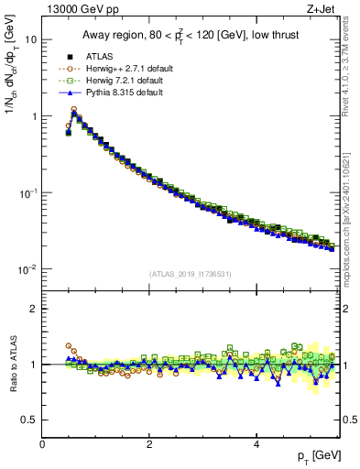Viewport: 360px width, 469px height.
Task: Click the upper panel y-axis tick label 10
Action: tap(30, 40)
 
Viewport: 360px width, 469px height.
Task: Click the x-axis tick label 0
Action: tap(42, 444)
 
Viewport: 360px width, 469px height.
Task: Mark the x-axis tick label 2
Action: tap(149, 444)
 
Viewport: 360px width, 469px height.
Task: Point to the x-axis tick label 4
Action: tap(256, 444)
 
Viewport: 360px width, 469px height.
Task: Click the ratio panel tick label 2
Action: tap(33, 309)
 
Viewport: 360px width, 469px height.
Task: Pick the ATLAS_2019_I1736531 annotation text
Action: tap(190, 274)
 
